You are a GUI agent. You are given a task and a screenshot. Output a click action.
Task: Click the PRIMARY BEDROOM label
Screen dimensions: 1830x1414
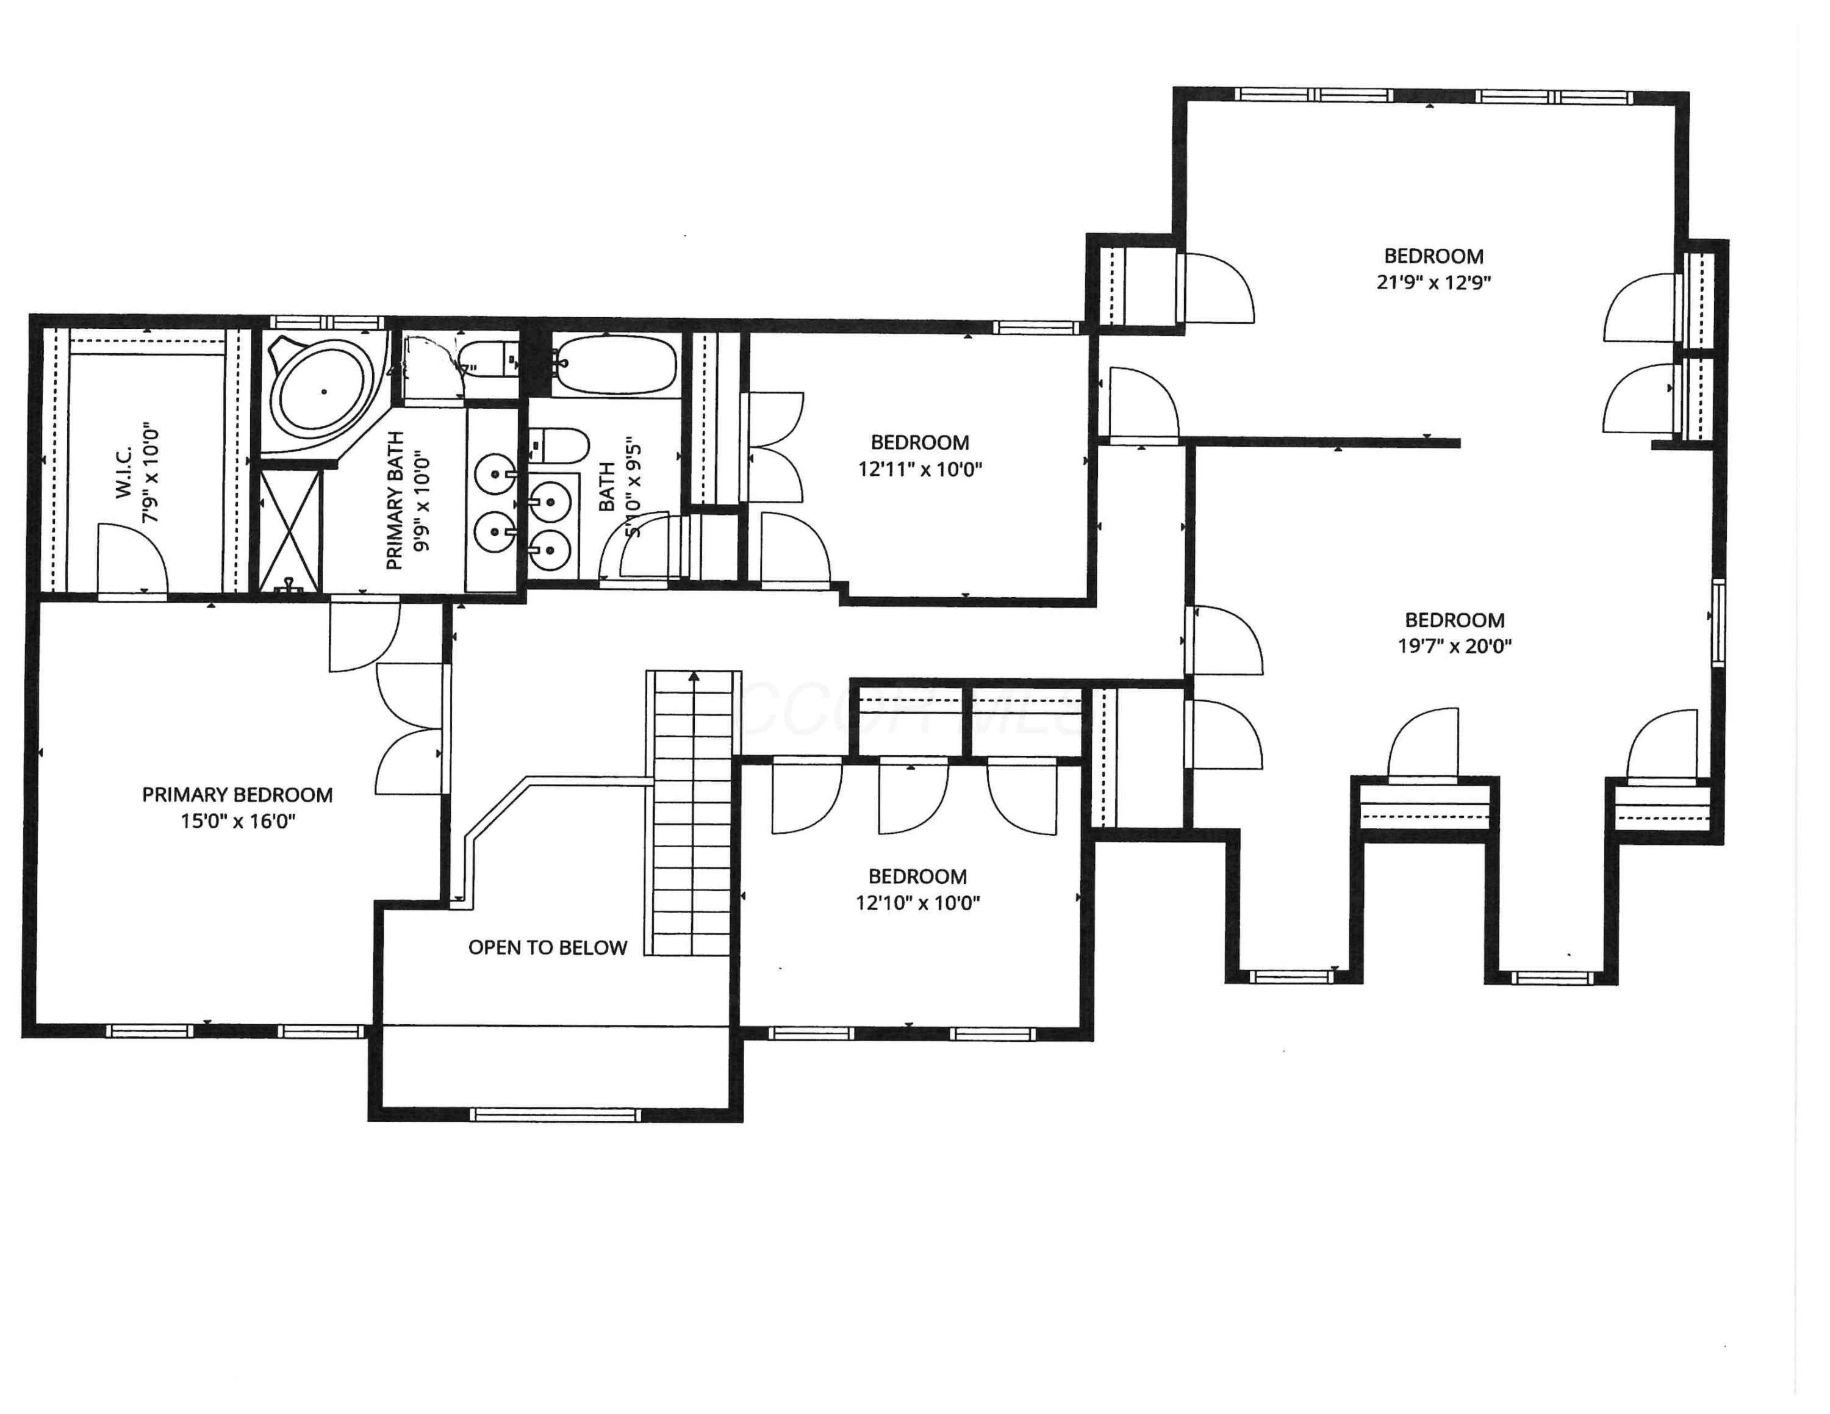pyautogui.click(x=237, y=795)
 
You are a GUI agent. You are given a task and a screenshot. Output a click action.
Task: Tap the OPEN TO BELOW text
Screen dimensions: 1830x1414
pyautogui.click(x=547, y=947)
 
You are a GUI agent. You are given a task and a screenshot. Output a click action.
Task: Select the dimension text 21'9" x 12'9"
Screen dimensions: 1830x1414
pyautogui.click(x=1433, y=282)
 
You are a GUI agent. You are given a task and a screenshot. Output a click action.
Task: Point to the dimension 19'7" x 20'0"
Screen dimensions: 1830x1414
pyautogui.click(x=1455, y=646)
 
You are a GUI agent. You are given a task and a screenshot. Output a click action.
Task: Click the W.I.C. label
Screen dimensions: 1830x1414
pyautogui.click(x=124, y=473)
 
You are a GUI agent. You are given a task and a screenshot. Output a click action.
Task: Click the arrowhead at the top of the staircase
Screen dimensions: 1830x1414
pyautogui.click(x=694, y=677)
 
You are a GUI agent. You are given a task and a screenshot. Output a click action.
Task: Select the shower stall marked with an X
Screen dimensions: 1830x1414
pyautogui.click(x=291, y=529)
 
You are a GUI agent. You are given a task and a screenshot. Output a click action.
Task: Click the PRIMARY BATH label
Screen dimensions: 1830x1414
pyautogui.click(x=395, y=501)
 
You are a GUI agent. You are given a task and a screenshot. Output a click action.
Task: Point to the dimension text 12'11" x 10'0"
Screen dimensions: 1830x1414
pyautogui.click(x=919, y=469)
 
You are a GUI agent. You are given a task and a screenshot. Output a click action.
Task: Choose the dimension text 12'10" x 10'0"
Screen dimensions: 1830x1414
pyautogui.click(x=917, y=903)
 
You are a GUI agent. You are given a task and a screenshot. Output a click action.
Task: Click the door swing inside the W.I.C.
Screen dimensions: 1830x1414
pyautogui.click(x=132, y=556)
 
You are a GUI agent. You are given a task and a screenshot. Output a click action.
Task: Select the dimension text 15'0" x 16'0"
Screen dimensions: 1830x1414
pyautogui.click(x=238, y=821)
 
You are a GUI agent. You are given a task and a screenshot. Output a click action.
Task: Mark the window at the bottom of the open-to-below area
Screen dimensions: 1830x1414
pyautogui.click(x=556, y=1114)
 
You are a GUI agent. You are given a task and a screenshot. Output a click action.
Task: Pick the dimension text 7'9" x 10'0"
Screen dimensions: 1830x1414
pyautogui.click(x=151, y=473)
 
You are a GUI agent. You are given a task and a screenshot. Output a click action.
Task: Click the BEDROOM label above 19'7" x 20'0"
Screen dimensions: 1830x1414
pyautogui.click(x=1455, y=621)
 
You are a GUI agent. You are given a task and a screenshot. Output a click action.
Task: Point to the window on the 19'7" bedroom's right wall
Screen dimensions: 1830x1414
pyautogui.click(x=1717, y=622)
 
